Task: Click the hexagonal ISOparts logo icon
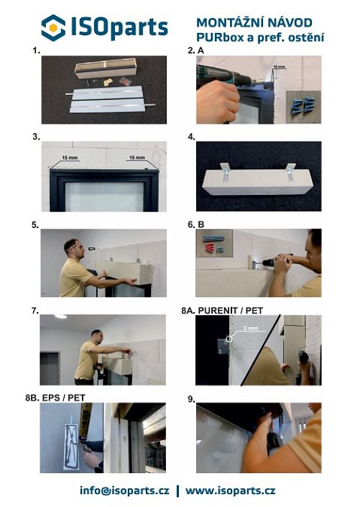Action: point(53,28)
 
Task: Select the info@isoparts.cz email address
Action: point(124,490)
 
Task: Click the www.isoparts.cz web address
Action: point(230,490)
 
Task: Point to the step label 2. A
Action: point(196,50)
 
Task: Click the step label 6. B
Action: point(196,224)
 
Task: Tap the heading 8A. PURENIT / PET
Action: point(222,311)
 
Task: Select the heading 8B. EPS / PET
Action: point(55,398)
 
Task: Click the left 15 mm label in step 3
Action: point(70,157)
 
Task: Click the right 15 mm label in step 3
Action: point(137,157)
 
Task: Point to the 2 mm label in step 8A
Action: point(251,328)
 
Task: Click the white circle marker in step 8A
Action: point(229,339)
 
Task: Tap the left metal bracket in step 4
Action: point(225,171)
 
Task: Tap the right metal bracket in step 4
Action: point(290,171)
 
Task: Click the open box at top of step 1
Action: point(106,68)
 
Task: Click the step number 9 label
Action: point(191,400)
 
